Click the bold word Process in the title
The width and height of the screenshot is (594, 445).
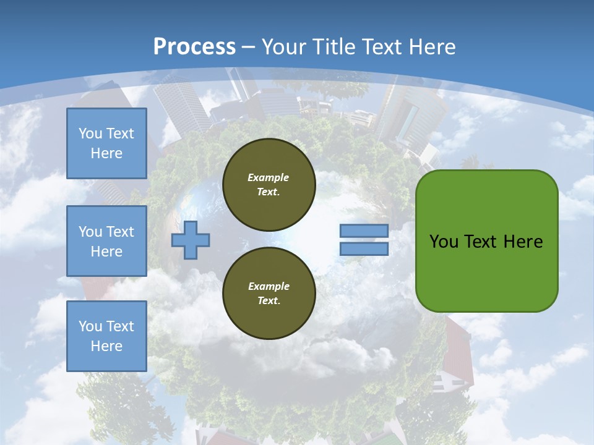click(x=194, y=46)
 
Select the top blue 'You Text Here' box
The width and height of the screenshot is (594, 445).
click(x=106, y=143)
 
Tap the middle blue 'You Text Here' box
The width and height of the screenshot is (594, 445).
click(x=106, y=241)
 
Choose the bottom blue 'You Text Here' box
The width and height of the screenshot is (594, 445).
click(x=106, y=336)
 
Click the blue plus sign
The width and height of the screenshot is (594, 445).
click(x=191, y=240)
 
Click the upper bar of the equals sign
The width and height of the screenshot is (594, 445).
click(x=364, y=231)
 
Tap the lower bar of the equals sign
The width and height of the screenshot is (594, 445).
click(x=364, y=248)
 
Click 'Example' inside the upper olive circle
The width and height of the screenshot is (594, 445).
click(x=269, y=177)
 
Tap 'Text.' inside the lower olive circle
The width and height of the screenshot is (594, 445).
click(x=269, y=301)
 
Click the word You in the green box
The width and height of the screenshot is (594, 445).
click(x=444, y=241)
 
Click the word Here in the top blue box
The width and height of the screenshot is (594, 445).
click(x=106, y=153)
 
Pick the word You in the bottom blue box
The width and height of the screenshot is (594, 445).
click(x=90, y=326)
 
